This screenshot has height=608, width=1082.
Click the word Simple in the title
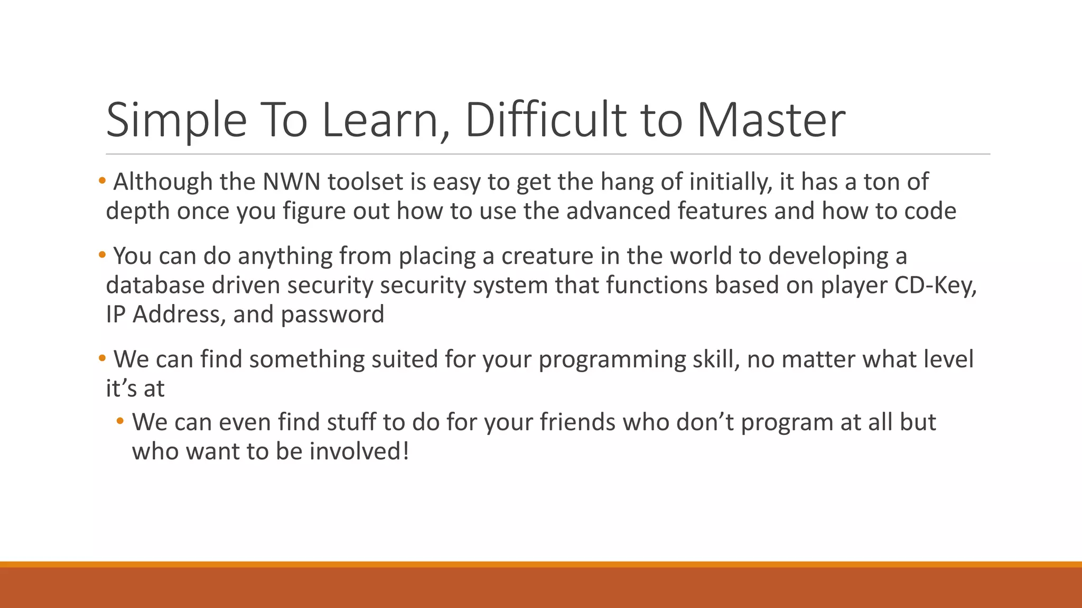point(176,120)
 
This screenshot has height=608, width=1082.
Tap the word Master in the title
point(771,120)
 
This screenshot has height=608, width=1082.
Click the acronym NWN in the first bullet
point(292,182)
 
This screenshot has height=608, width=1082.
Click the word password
point(332,315)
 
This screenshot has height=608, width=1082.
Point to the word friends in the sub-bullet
point(577,422)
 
